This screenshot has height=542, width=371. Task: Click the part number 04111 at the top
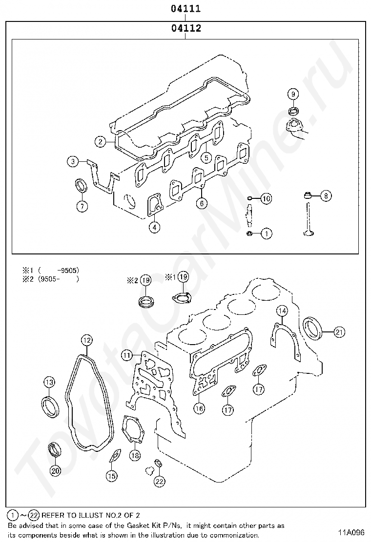[185, 9]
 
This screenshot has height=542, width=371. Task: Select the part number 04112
[186, 28]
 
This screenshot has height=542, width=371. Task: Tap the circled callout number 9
[293, 94]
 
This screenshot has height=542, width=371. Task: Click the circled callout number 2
[100, 142]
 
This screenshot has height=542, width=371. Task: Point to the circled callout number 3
[73, 161]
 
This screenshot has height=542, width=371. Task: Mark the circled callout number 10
[266, 198]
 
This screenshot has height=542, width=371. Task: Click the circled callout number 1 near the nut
[267, 234]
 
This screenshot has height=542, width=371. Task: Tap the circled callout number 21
[339, 332]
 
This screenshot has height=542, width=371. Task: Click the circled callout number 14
[282, 310]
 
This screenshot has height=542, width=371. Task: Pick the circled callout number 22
[159, 482]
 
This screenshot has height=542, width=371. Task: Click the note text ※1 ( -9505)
[50, 270]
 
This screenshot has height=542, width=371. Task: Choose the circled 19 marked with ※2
[145, 280]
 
